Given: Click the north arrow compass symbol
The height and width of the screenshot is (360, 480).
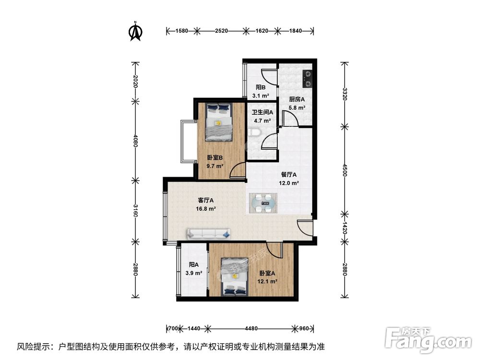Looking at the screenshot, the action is coord(135,31).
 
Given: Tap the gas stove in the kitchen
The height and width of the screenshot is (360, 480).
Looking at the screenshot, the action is coord(307,79).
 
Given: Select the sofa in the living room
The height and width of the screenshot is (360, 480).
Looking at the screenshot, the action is coord(208,234).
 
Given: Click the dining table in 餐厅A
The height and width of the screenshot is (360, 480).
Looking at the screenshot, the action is coord(264,203).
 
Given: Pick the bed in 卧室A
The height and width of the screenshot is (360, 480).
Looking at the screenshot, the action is coord(235,277).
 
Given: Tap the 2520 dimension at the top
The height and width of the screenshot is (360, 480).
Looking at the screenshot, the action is coord(221,31).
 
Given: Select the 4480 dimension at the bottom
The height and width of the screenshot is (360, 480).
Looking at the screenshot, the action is coord(252,328).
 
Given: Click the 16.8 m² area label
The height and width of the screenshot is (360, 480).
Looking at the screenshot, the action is coord(206,209).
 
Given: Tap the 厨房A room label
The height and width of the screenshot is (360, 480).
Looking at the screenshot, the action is coord(297,99).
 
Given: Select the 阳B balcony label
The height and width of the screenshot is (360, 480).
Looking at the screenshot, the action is coord(261,87).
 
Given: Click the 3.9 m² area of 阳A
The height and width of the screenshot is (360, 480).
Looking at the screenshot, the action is coord(194,273).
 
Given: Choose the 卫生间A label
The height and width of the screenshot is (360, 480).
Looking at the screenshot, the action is coord(263,112).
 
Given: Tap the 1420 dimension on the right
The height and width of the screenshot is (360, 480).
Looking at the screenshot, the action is coord(345,228).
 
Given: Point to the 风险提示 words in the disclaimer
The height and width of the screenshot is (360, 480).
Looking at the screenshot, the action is coord(33,347).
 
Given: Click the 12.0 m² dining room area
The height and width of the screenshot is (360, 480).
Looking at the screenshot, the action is coord(288,183).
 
